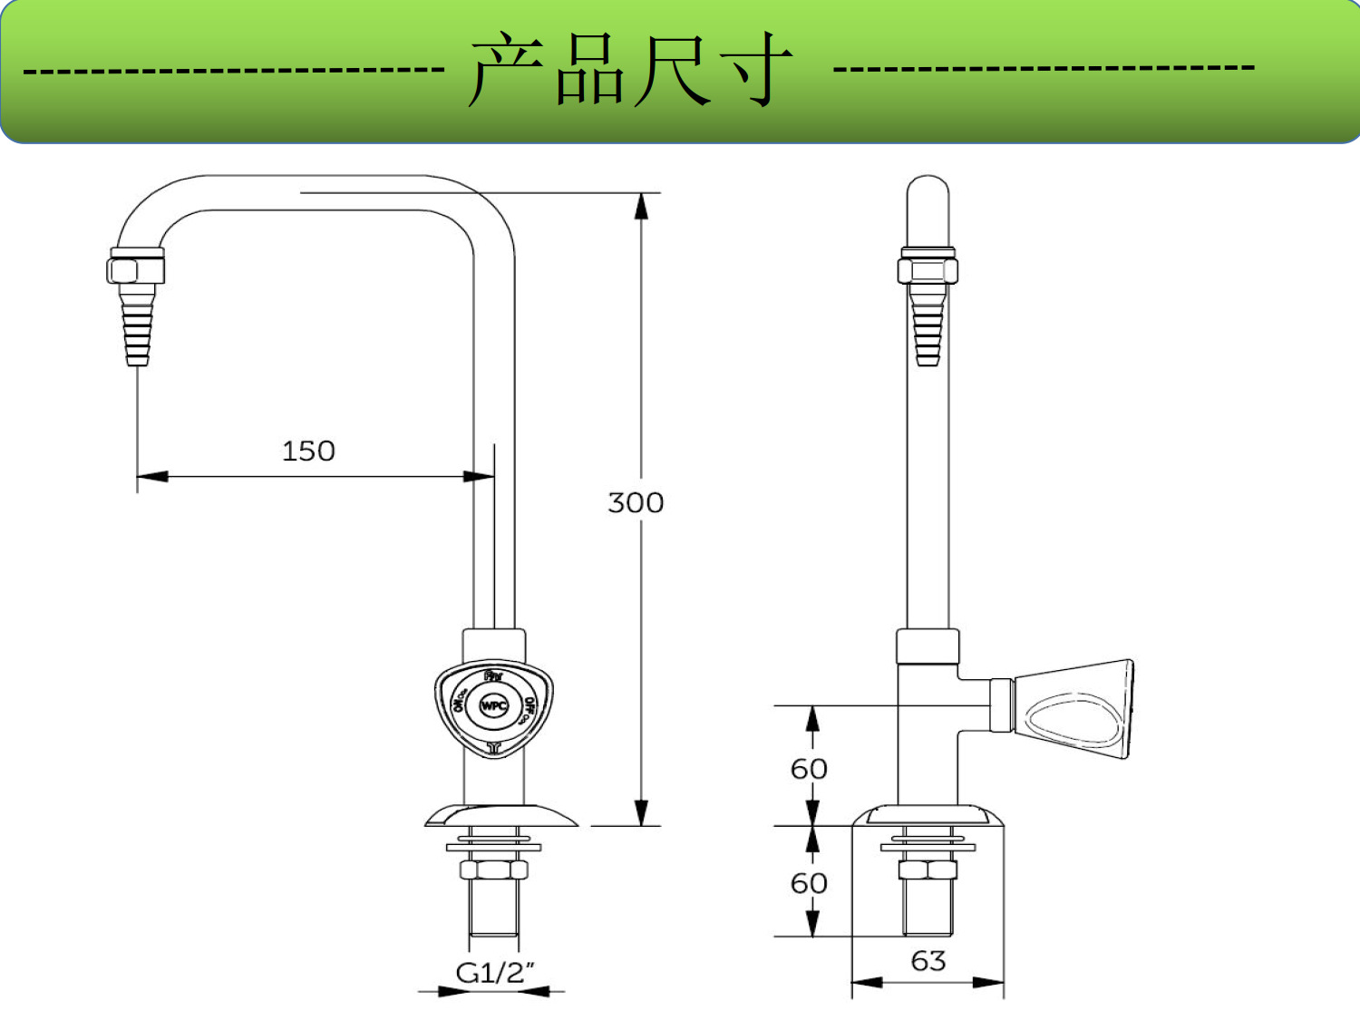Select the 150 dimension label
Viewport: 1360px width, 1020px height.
click(308, 451)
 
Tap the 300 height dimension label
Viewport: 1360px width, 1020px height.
click(636, 502)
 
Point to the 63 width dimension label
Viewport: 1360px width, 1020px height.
click(928, 960)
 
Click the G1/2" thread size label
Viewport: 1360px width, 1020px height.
click(495, 973)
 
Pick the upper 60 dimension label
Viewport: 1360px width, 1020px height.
click(809, 769)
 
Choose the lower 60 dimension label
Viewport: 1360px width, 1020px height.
click(809, 883)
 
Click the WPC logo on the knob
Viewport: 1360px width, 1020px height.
click(494, 705)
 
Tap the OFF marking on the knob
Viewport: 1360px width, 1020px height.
click(529, 708)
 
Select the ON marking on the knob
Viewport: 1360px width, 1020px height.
click(460, 701)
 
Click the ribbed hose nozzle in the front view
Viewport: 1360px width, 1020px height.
click(137, 322)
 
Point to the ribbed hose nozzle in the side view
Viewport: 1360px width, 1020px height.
click(928, 322)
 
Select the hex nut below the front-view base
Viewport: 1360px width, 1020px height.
click(493, 869)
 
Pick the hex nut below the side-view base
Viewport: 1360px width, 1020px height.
click(928, 870)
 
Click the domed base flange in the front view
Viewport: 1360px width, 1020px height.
click(500, 816)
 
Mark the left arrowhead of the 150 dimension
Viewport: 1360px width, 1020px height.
click(151, 476)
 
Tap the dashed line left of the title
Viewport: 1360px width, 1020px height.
click(234, 70)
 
